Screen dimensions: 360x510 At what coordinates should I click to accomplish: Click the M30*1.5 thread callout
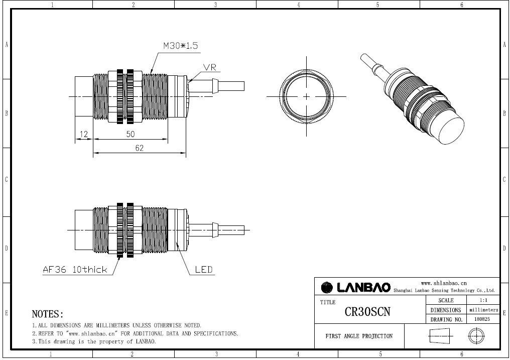[x=180, y=46]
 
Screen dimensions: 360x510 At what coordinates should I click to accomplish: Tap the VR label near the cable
[x=210, y=67]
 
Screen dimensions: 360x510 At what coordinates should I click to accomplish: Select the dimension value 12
[x=83, y=135]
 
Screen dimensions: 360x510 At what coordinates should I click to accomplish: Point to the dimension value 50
[x=130, y=135]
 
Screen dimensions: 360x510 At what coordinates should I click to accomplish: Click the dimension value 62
[x=139, y=148]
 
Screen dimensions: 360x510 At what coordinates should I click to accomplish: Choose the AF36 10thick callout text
[x=75, y=270]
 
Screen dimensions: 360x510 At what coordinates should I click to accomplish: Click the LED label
[x=203, y=270]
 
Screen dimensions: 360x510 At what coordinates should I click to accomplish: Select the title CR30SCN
[x=367, y=311]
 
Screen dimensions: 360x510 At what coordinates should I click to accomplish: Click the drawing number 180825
[x=483, y=319]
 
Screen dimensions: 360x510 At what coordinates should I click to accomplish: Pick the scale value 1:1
[x=483, y=300]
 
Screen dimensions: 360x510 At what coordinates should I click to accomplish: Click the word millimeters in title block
[x=483, y=310]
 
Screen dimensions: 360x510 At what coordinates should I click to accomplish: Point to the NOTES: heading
[x=48, y=314]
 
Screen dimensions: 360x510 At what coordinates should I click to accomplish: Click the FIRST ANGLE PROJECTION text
[x=359, y=336]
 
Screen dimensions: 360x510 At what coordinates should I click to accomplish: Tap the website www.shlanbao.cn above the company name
[x=444, y=283]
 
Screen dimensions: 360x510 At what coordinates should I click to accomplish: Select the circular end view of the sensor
[x=306, y=96]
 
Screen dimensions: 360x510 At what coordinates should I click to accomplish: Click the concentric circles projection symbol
[x=476, y=336]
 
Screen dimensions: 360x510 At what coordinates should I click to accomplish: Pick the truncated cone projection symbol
[x=441, y=336]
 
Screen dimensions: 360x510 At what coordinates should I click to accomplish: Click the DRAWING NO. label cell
[x=446, y=319]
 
